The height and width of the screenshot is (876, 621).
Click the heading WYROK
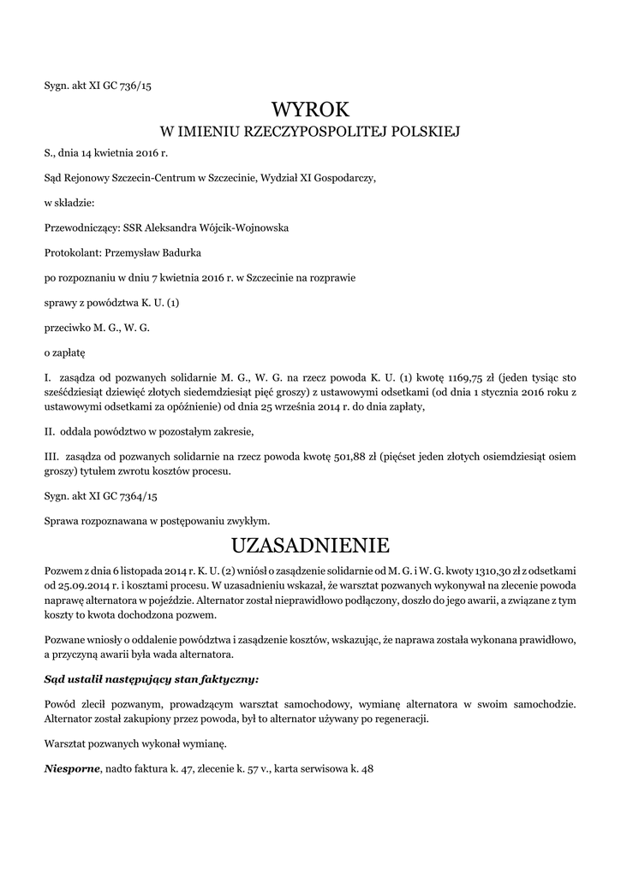click(x=311, y=109)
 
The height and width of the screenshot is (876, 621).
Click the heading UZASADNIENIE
click(x=311, y=545)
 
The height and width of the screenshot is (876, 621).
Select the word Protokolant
click(x=72, y=252)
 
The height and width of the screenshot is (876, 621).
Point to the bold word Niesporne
click(x=72, y=768)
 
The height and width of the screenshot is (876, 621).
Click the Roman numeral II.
click(x=50, y=430)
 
